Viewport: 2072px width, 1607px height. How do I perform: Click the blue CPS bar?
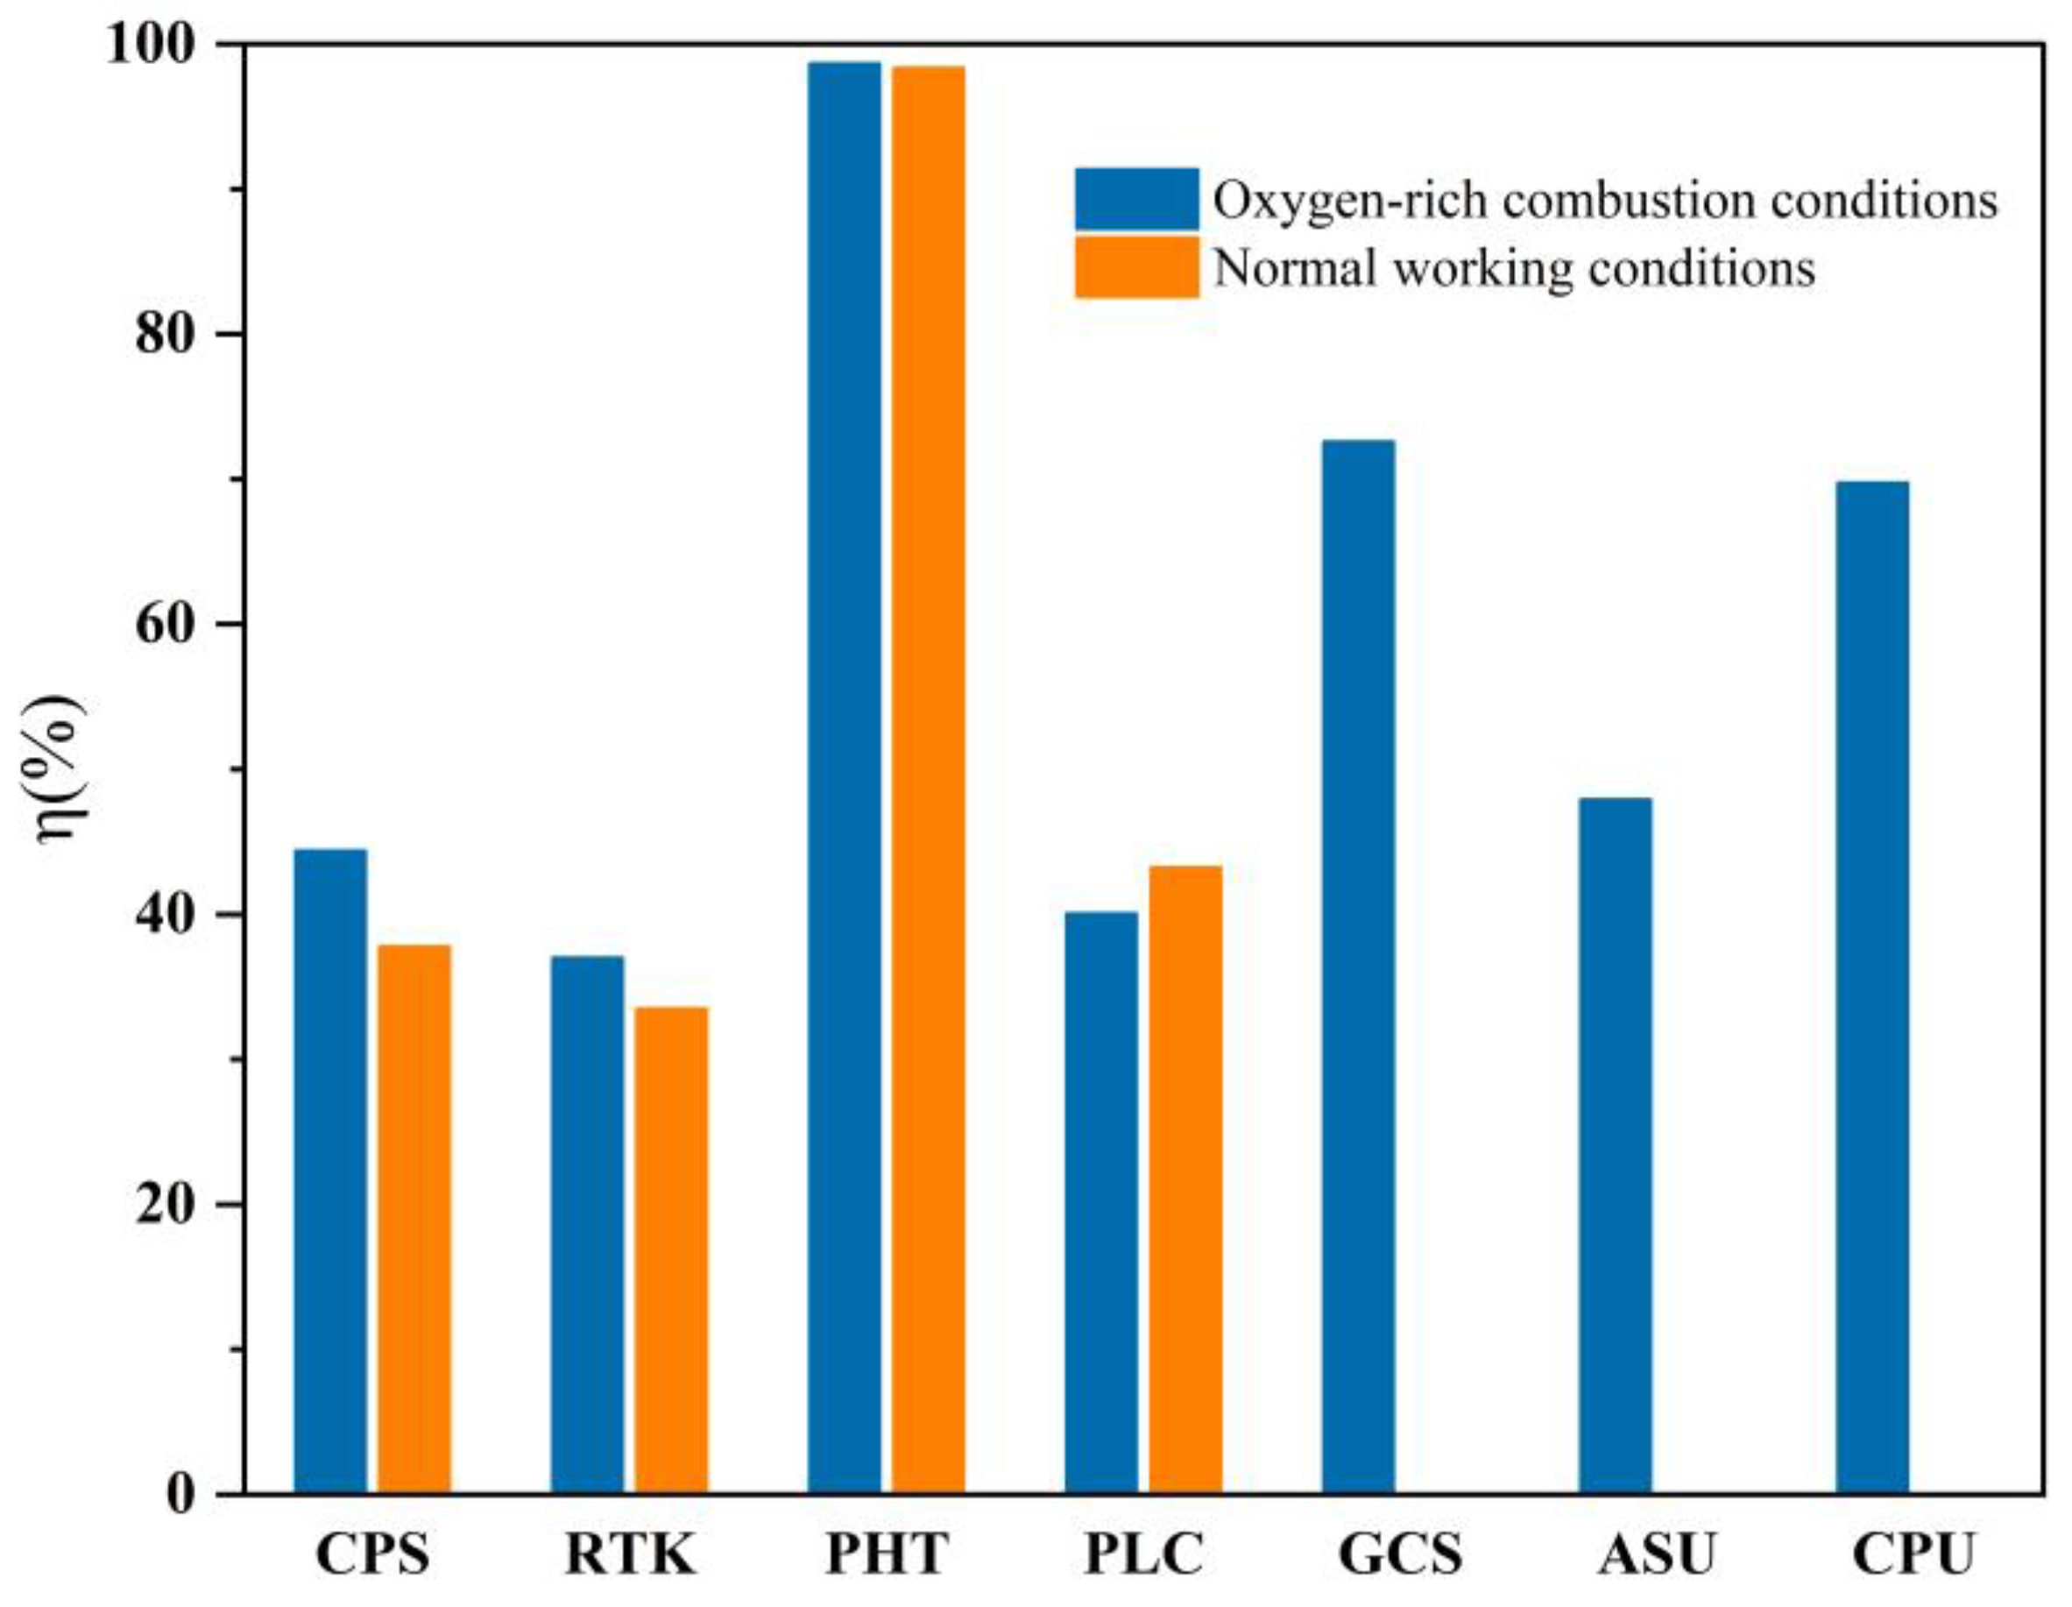point(329,1171)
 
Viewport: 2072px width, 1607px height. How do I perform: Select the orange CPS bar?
point(414,1219)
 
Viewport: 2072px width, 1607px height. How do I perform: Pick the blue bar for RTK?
point(586,1224)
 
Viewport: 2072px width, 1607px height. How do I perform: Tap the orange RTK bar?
point(671,1249)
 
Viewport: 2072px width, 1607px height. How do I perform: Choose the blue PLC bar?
point(1100,1202)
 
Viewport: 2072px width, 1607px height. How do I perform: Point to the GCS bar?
point(1358,966)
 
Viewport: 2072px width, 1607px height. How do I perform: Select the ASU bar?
point(1615,1145)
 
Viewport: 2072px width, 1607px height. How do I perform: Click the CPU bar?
point(1872,987)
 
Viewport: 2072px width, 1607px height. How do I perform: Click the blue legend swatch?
point(1135,198)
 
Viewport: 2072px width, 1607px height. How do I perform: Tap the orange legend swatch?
point(1135,267)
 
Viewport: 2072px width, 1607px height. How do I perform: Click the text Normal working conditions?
point(1514,268)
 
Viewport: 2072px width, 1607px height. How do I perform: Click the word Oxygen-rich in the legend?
point(1340,202)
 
